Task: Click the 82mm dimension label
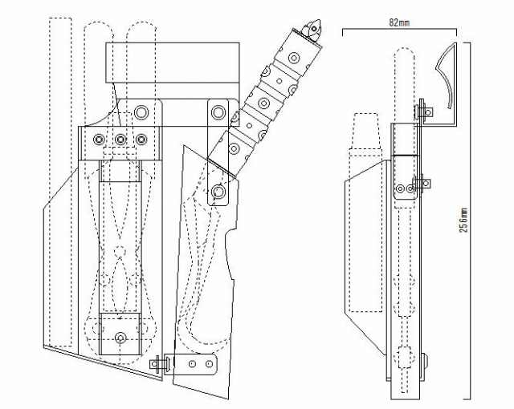coord(399,22)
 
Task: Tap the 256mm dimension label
coord(463,220)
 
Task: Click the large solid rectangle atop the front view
coord(173,63)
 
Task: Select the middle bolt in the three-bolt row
coord(120,140)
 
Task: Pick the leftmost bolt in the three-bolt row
coord(99,140)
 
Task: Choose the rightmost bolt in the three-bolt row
coord(141,140)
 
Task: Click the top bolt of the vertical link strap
coord(218,112)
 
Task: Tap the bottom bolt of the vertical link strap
coord(218,192)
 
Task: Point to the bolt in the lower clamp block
coord(120,338)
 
